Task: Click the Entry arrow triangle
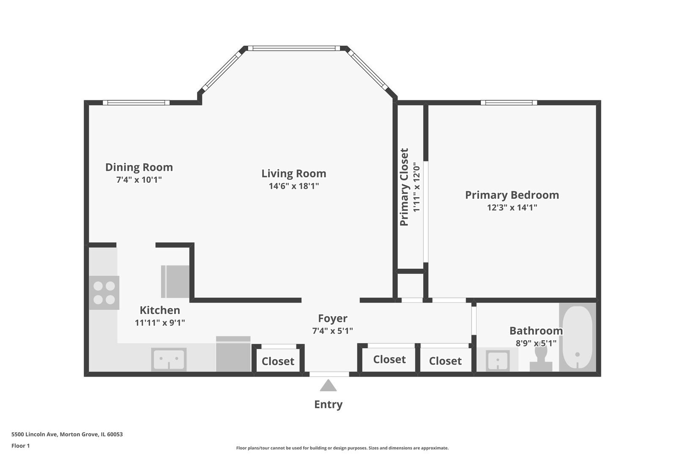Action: click(328, 385)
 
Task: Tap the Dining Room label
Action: click(139, 167)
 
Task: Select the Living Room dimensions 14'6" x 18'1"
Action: click(294, 186)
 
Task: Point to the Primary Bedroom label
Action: click(512, 195)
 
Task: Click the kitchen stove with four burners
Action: click(104, 293)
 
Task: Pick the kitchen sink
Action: click(169, 359)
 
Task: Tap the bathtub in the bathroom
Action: click(577, 337)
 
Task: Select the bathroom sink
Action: click(498, 360)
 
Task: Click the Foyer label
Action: click(332, 318)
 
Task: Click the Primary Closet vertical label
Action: click(404, 187)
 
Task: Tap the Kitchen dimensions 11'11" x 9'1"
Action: click(160, 322)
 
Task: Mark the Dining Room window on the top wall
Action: click(136, 102)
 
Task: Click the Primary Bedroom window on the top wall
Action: click(509, 102)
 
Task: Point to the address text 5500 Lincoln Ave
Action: click(35, 434)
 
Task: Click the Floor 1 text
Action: click(20, 446)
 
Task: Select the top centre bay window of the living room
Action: click(294, 48)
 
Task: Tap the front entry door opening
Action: click(329, 374)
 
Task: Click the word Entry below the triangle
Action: click(329, 405)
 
